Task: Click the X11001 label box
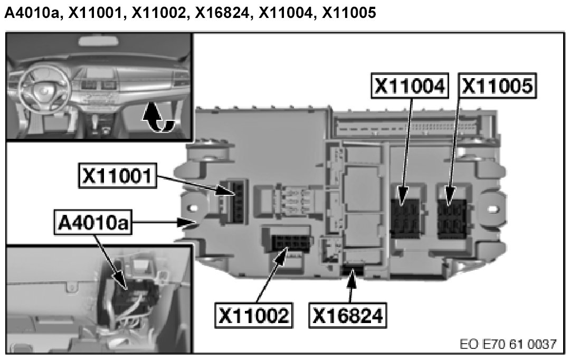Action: click(118, 176)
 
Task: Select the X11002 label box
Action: click(254, 315)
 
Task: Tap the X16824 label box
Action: click(347, 315)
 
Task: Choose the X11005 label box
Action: click(497, 86)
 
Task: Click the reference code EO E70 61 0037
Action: click(508, 344)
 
